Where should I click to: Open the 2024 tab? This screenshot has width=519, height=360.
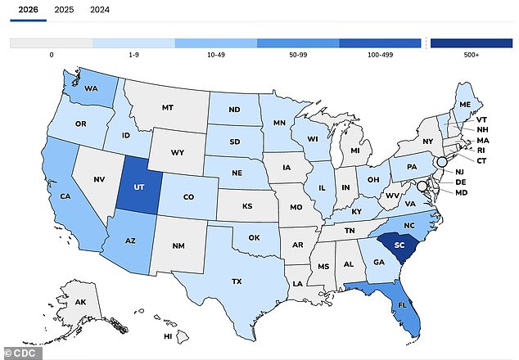click(x=99, y=10)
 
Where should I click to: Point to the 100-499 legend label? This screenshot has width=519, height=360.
click(x=380, y=56)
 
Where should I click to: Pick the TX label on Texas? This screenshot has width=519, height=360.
click(x=236, y=281)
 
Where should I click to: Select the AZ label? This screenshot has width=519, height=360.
click(x=129, y=241)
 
